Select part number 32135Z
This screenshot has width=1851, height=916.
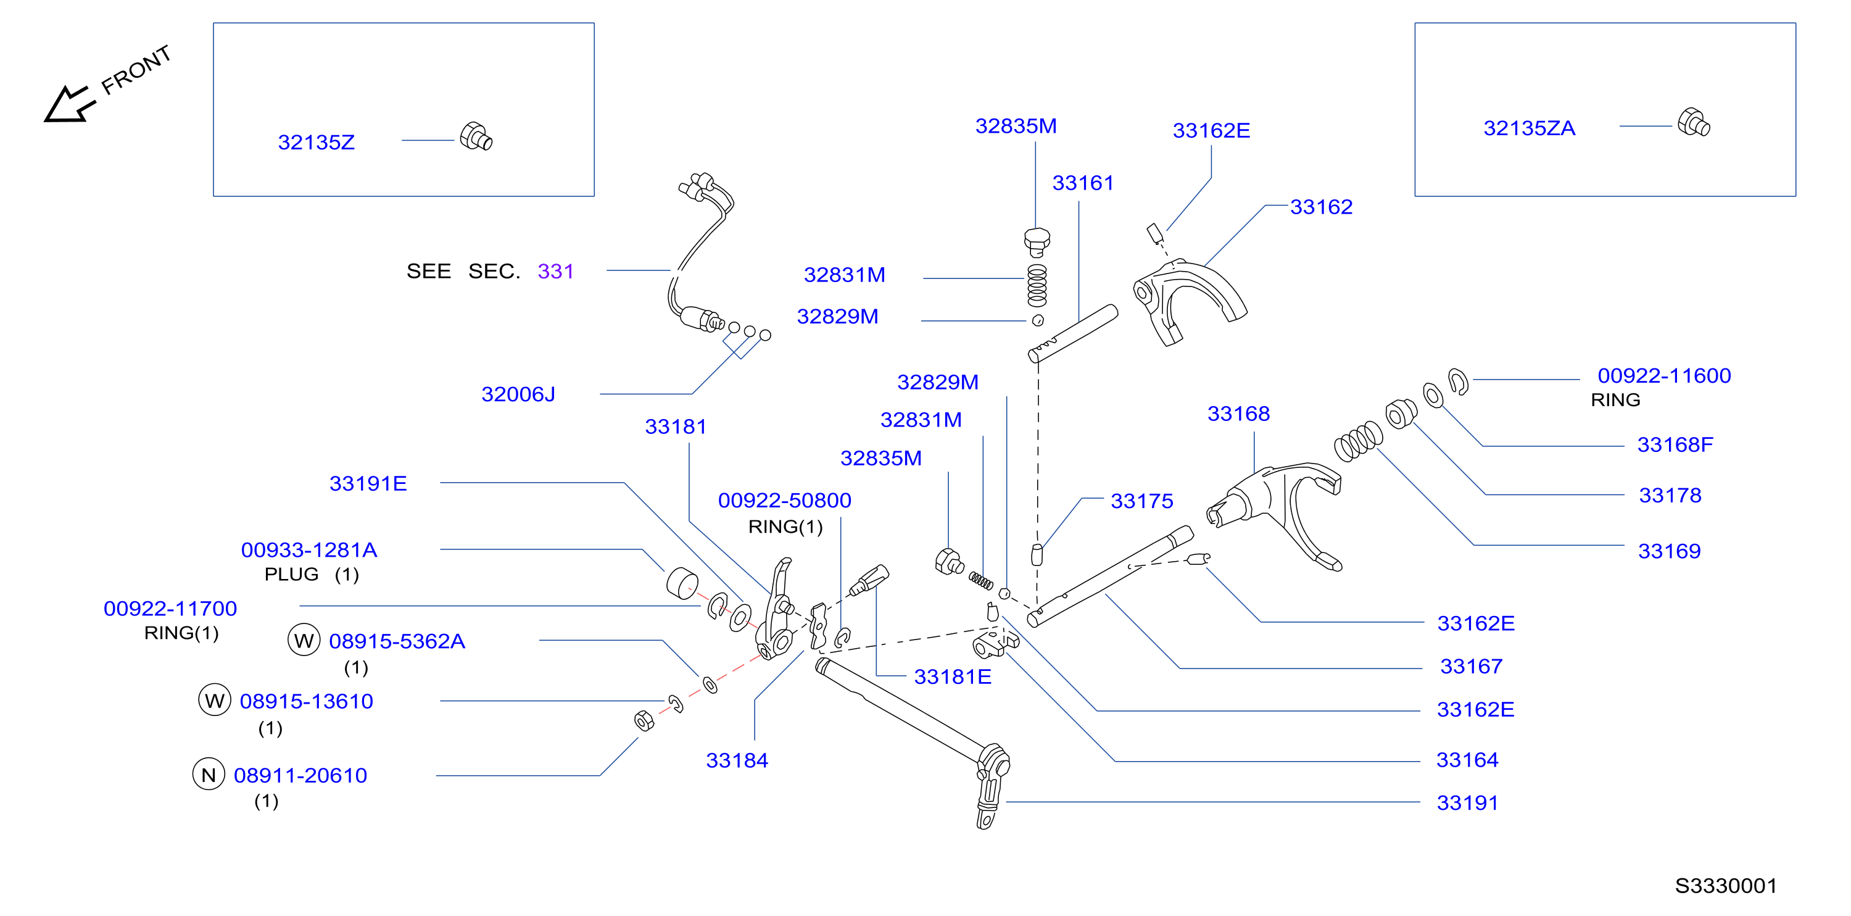[x=316, y=143]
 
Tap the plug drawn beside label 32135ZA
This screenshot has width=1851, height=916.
[x=1694, y=122]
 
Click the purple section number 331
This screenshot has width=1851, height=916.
[x=555, y=271]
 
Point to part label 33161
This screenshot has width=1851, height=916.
[x=1083, y=183]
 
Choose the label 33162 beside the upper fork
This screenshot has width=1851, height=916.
[x=1322, y=207]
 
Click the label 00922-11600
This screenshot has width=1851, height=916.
[x=1664, y=375]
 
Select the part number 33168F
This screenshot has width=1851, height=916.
[x=1675, y=444]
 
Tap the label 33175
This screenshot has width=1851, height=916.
[x=1142, y=501]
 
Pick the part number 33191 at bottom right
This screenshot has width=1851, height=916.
[x=1467, y=802]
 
